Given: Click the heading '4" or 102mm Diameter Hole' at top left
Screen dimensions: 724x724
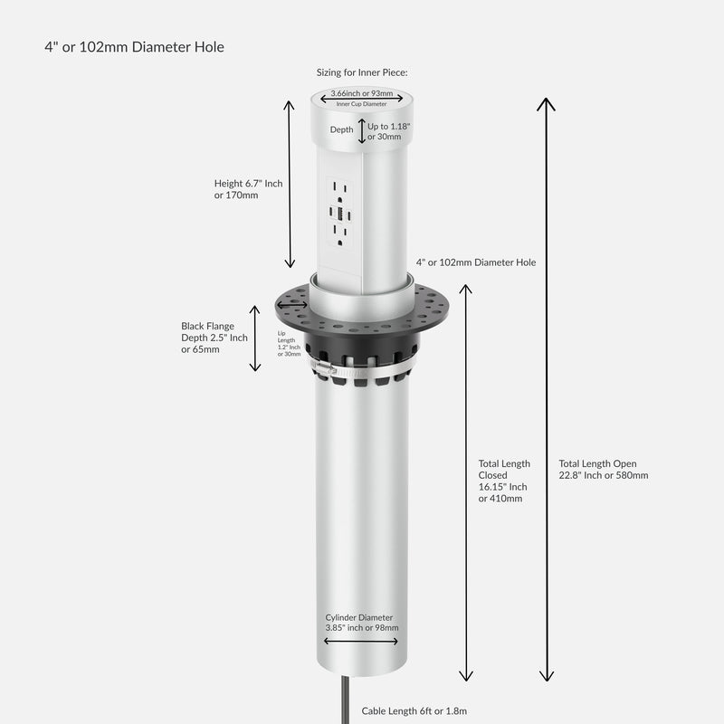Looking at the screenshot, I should coord(134,47).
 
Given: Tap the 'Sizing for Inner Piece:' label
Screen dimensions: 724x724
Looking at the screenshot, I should coord(362,72).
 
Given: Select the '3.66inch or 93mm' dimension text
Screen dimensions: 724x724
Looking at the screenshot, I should coord(362,93).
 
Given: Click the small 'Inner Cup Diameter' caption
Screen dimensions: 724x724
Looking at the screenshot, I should coord(362,104).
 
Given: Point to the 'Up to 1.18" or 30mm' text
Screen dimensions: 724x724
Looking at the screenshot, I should coord(389,131).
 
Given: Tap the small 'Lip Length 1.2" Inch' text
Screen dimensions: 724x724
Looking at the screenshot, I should coord(289,344).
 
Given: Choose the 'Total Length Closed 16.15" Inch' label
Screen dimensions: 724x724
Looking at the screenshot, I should coord(503,481).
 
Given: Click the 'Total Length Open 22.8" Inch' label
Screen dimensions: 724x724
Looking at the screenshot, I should coord(604,469).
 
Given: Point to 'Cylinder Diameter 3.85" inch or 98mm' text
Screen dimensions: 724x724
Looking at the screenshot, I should coord(362,622).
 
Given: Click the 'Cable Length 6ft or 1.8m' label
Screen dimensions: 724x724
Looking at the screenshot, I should coord(414,711).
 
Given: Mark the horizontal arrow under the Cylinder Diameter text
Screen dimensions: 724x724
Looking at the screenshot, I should coord(361,641).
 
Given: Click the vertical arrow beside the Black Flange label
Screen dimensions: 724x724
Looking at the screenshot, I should coord(255,344).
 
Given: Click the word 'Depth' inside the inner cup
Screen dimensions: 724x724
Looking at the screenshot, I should coord(341,130).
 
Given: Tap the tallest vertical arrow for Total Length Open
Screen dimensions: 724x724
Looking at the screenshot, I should coord(546,389).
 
